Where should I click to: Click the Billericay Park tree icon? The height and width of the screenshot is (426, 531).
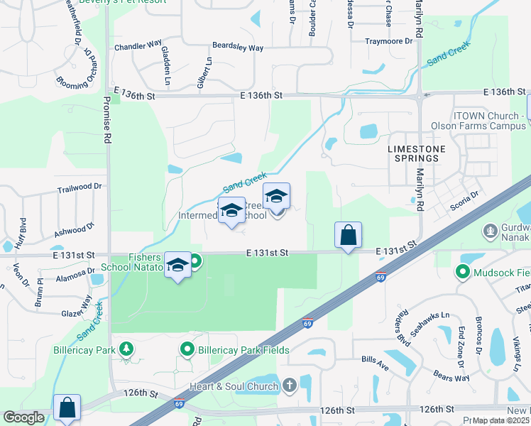pos(126,349)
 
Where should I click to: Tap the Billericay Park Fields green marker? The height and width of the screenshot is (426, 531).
pos(187,349)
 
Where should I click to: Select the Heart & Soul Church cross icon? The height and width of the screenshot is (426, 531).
pos(289,386)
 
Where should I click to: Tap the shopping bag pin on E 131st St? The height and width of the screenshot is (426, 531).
pos(348,235)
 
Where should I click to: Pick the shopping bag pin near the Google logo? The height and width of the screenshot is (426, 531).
pos(67,408)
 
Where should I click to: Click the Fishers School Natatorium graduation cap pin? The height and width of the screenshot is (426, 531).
pos(177,265)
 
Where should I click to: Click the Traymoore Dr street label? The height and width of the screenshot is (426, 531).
pos(388,41)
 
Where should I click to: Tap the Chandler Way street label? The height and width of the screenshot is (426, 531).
pos(138,46)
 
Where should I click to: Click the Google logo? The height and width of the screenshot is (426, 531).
pos(24,417)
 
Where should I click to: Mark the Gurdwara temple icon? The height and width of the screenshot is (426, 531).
pos(490,231)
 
